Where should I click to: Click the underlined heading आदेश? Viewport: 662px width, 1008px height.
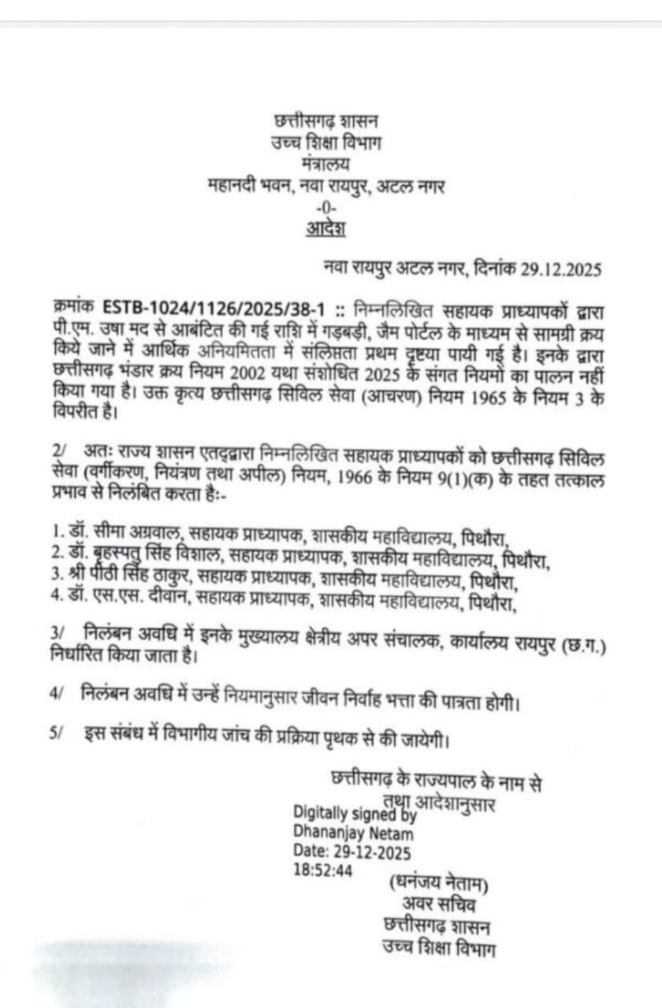tap(325, 229)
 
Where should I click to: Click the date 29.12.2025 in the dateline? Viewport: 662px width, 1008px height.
tap(561, 269)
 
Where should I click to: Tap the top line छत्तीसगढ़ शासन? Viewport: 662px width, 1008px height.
tap(325, 122)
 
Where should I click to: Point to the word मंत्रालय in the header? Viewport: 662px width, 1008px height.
tap(325, 165)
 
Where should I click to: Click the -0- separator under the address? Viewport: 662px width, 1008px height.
tap(325, 208)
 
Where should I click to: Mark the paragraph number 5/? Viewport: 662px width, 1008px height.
tap(56, 732)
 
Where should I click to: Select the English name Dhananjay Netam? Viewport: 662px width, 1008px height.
tap(352, 832)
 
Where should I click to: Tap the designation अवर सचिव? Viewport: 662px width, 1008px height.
tap(439, 904)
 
